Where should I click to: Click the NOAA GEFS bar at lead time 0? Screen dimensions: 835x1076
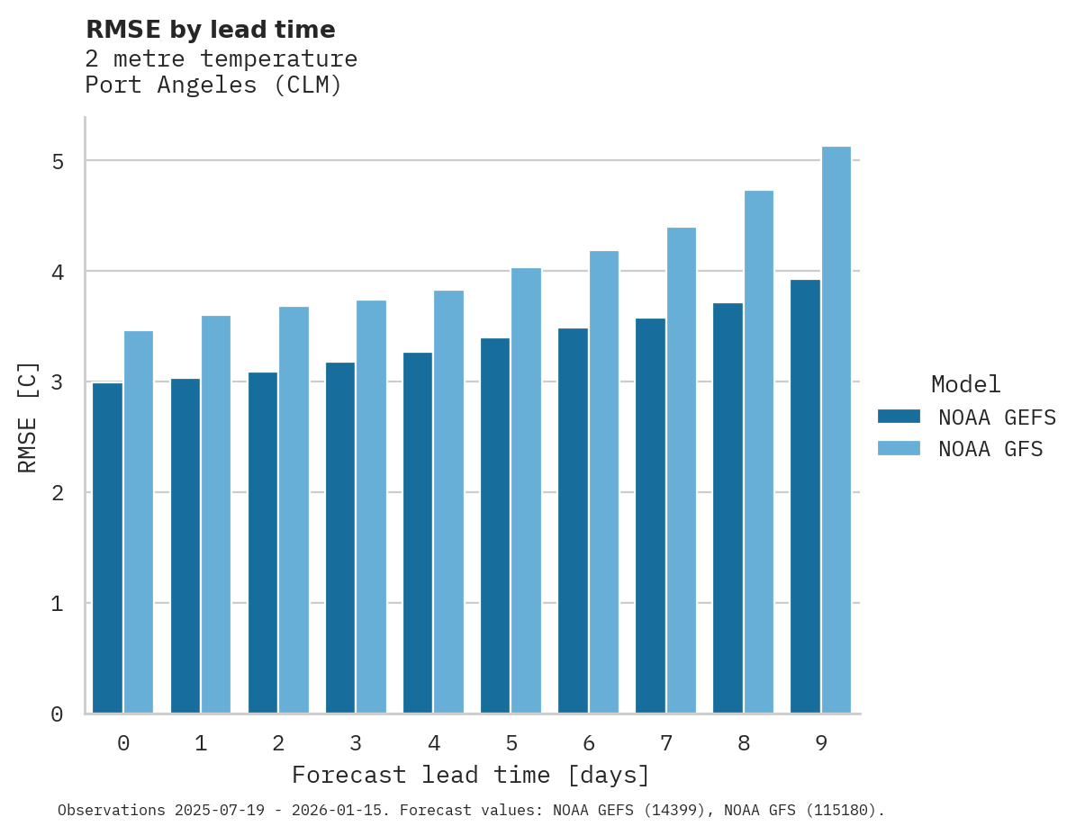click(x=107, y=548)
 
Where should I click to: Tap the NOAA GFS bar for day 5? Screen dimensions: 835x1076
click(x=527, y=490)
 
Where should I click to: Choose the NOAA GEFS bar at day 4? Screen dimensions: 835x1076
click(x=418, y=533)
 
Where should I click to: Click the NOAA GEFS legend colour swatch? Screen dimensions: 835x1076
click(x=899, y=417)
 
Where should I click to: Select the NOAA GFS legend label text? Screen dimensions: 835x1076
click(x=990, y=449)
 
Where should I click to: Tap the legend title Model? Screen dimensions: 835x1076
click(x=965, y=385)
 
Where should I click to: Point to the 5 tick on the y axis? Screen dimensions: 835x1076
click(x=58, y=162)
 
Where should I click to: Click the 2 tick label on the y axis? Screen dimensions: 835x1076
click(x=58, y=493)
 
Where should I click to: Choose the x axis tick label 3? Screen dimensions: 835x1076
click(x=356, y=743)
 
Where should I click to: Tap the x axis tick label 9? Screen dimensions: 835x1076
click(x=821, y=743)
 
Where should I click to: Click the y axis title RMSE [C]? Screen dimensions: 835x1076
click(x=28, y=417)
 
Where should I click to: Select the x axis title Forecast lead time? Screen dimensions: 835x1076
click(x=470, y=775)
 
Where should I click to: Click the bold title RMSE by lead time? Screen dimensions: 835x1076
click(x=210, y=30)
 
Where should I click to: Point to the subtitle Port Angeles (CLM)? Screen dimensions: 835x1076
click(x=213, y=86)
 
